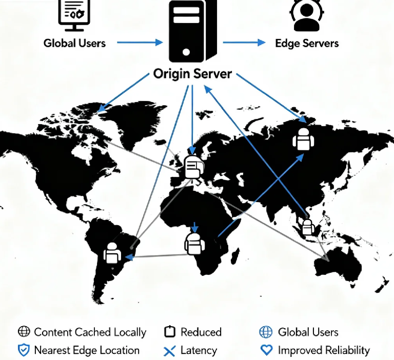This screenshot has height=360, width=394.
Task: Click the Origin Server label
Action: (192, 74)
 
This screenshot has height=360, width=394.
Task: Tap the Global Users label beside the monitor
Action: (74, 43)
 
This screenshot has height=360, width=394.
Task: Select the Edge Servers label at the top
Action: (307, 43)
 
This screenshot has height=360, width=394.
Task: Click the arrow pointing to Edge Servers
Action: (244, 43)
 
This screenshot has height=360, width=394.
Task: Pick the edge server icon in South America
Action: (112, 253)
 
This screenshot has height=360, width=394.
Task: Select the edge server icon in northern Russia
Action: (302, 138)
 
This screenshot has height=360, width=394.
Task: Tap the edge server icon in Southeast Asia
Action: (308, 227)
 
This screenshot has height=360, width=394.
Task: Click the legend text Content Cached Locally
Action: (90, 332)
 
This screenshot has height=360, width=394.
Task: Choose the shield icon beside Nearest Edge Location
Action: (24, 351)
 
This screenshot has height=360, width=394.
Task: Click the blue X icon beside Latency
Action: (169, 351)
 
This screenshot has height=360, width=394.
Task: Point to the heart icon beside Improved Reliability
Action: (266, 351)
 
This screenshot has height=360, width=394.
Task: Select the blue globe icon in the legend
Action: (266, 332)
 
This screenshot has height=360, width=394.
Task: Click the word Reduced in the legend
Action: (201, 332)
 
